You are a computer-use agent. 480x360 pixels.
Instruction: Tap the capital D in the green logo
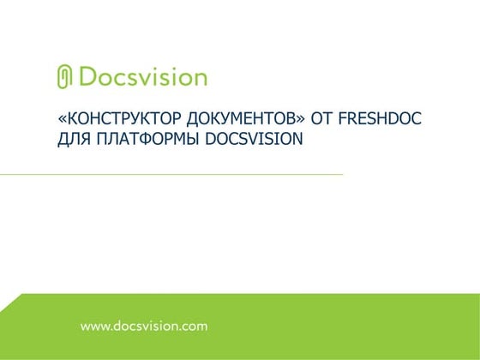87,77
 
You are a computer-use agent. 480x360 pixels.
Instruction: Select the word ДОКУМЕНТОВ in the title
220,118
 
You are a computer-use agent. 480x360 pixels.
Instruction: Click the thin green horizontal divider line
171,174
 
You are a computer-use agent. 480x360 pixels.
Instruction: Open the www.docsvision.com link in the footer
144,327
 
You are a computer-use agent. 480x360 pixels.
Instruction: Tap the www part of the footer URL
93,327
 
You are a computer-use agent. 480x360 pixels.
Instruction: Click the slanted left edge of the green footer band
10,302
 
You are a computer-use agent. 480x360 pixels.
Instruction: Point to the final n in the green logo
200,79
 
